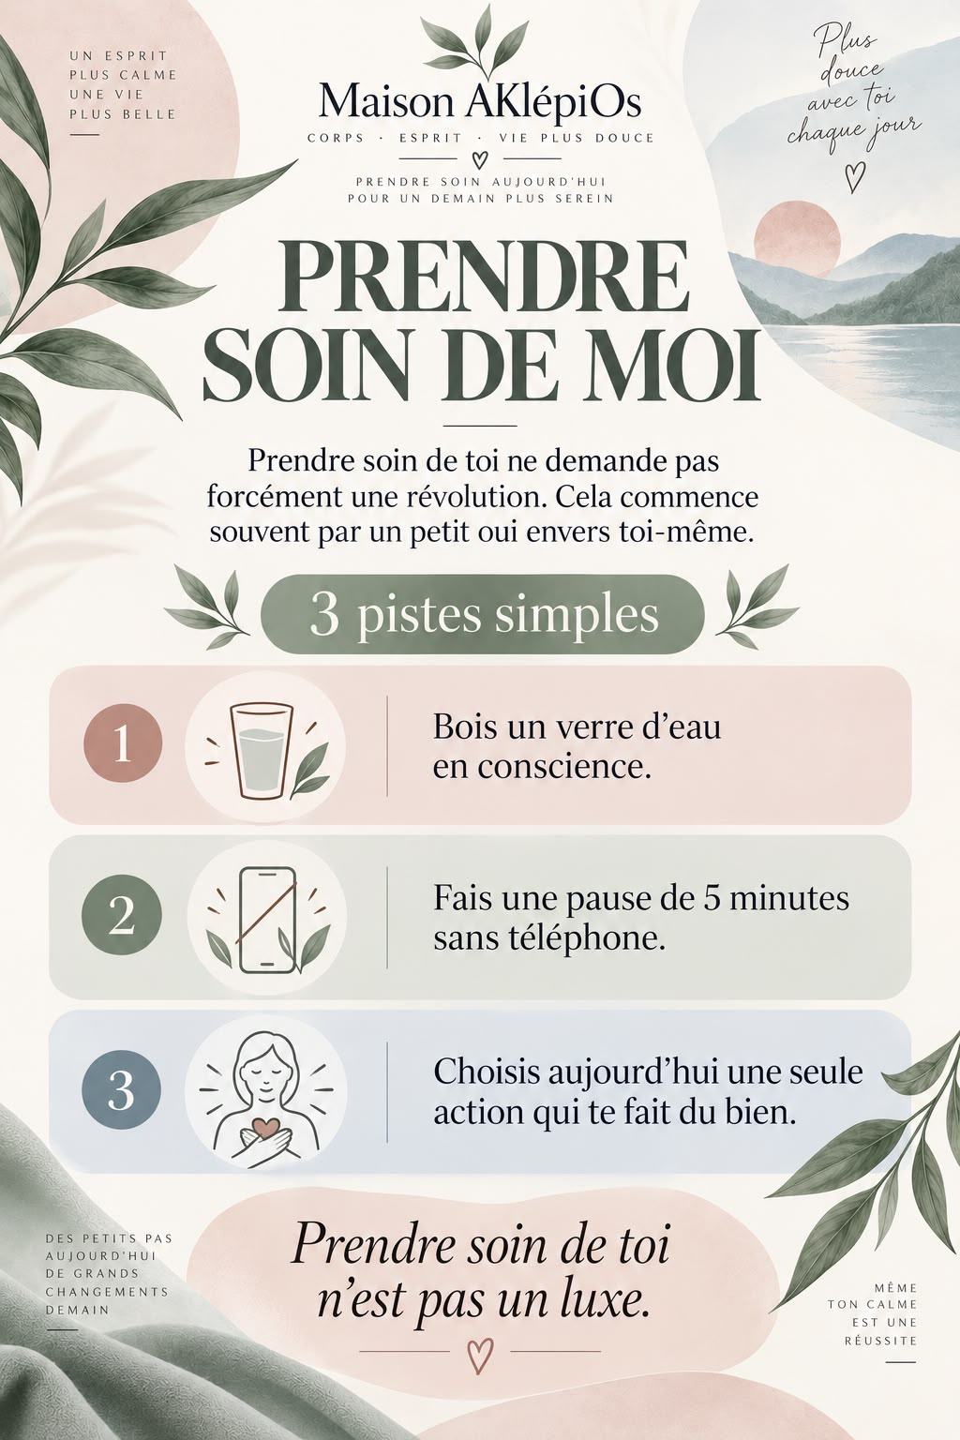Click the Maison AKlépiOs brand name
[480, 102]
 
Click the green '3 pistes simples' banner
[482, 615]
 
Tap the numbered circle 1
[123, 743]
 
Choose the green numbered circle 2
[122, 915]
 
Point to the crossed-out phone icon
[267, 920]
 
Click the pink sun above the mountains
[797, 238]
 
